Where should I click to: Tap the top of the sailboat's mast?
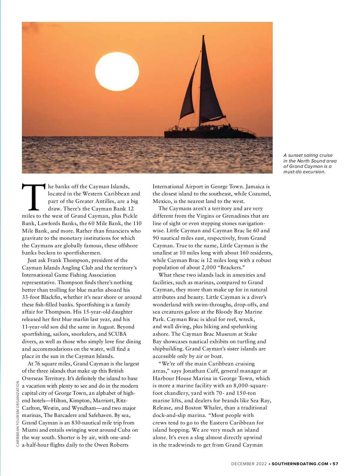[x=204, y=36]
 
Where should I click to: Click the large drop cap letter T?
[x=34, y=197]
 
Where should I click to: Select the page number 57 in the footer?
[x=335, y=464]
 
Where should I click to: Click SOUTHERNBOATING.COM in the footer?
[x=300, y=464]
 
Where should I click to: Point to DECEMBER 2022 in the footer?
[x=249, y=464]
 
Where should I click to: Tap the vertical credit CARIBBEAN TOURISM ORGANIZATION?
[x=18, y=414]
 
